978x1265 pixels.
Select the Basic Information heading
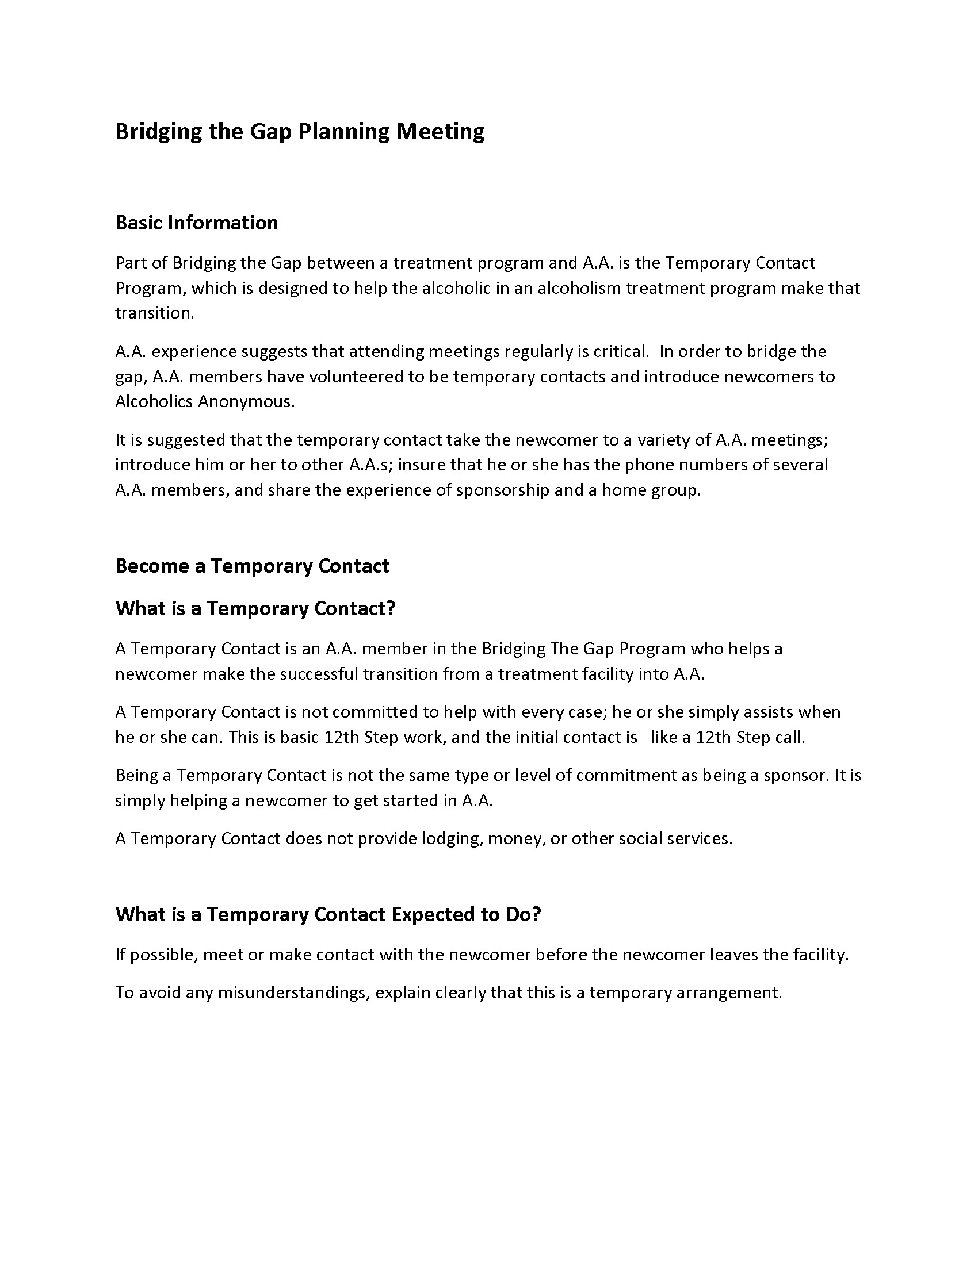tap(196, 223)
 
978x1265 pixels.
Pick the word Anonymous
tap(246, 401)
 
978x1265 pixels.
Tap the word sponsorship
tap(502, 490)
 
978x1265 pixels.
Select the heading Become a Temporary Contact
tap(252, 566)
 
